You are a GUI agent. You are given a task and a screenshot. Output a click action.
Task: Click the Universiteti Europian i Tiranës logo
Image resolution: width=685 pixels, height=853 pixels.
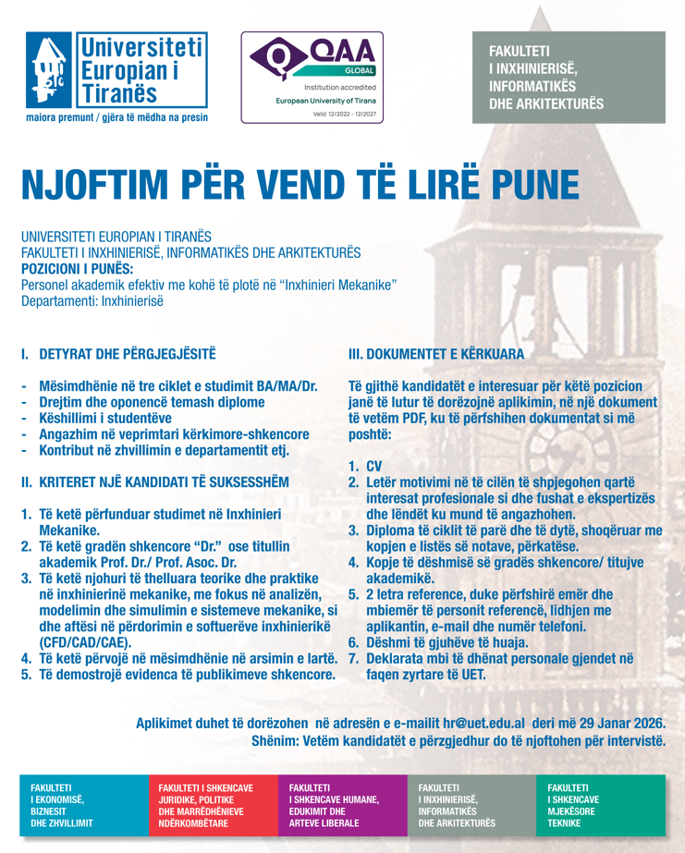coord(116,71)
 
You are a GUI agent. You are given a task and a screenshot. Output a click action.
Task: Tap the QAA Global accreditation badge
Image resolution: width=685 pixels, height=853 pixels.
coord(312,77)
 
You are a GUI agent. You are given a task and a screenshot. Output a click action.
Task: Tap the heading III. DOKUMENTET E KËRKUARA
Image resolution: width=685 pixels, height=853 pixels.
coord(435,354)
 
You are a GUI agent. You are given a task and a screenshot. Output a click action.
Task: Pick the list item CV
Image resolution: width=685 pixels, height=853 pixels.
coord(374,467)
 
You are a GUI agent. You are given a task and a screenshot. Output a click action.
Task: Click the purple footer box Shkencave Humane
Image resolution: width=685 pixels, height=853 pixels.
coord(341,805)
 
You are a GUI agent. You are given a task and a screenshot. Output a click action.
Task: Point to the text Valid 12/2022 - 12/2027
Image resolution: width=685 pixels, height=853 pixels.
coord(312,115)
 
